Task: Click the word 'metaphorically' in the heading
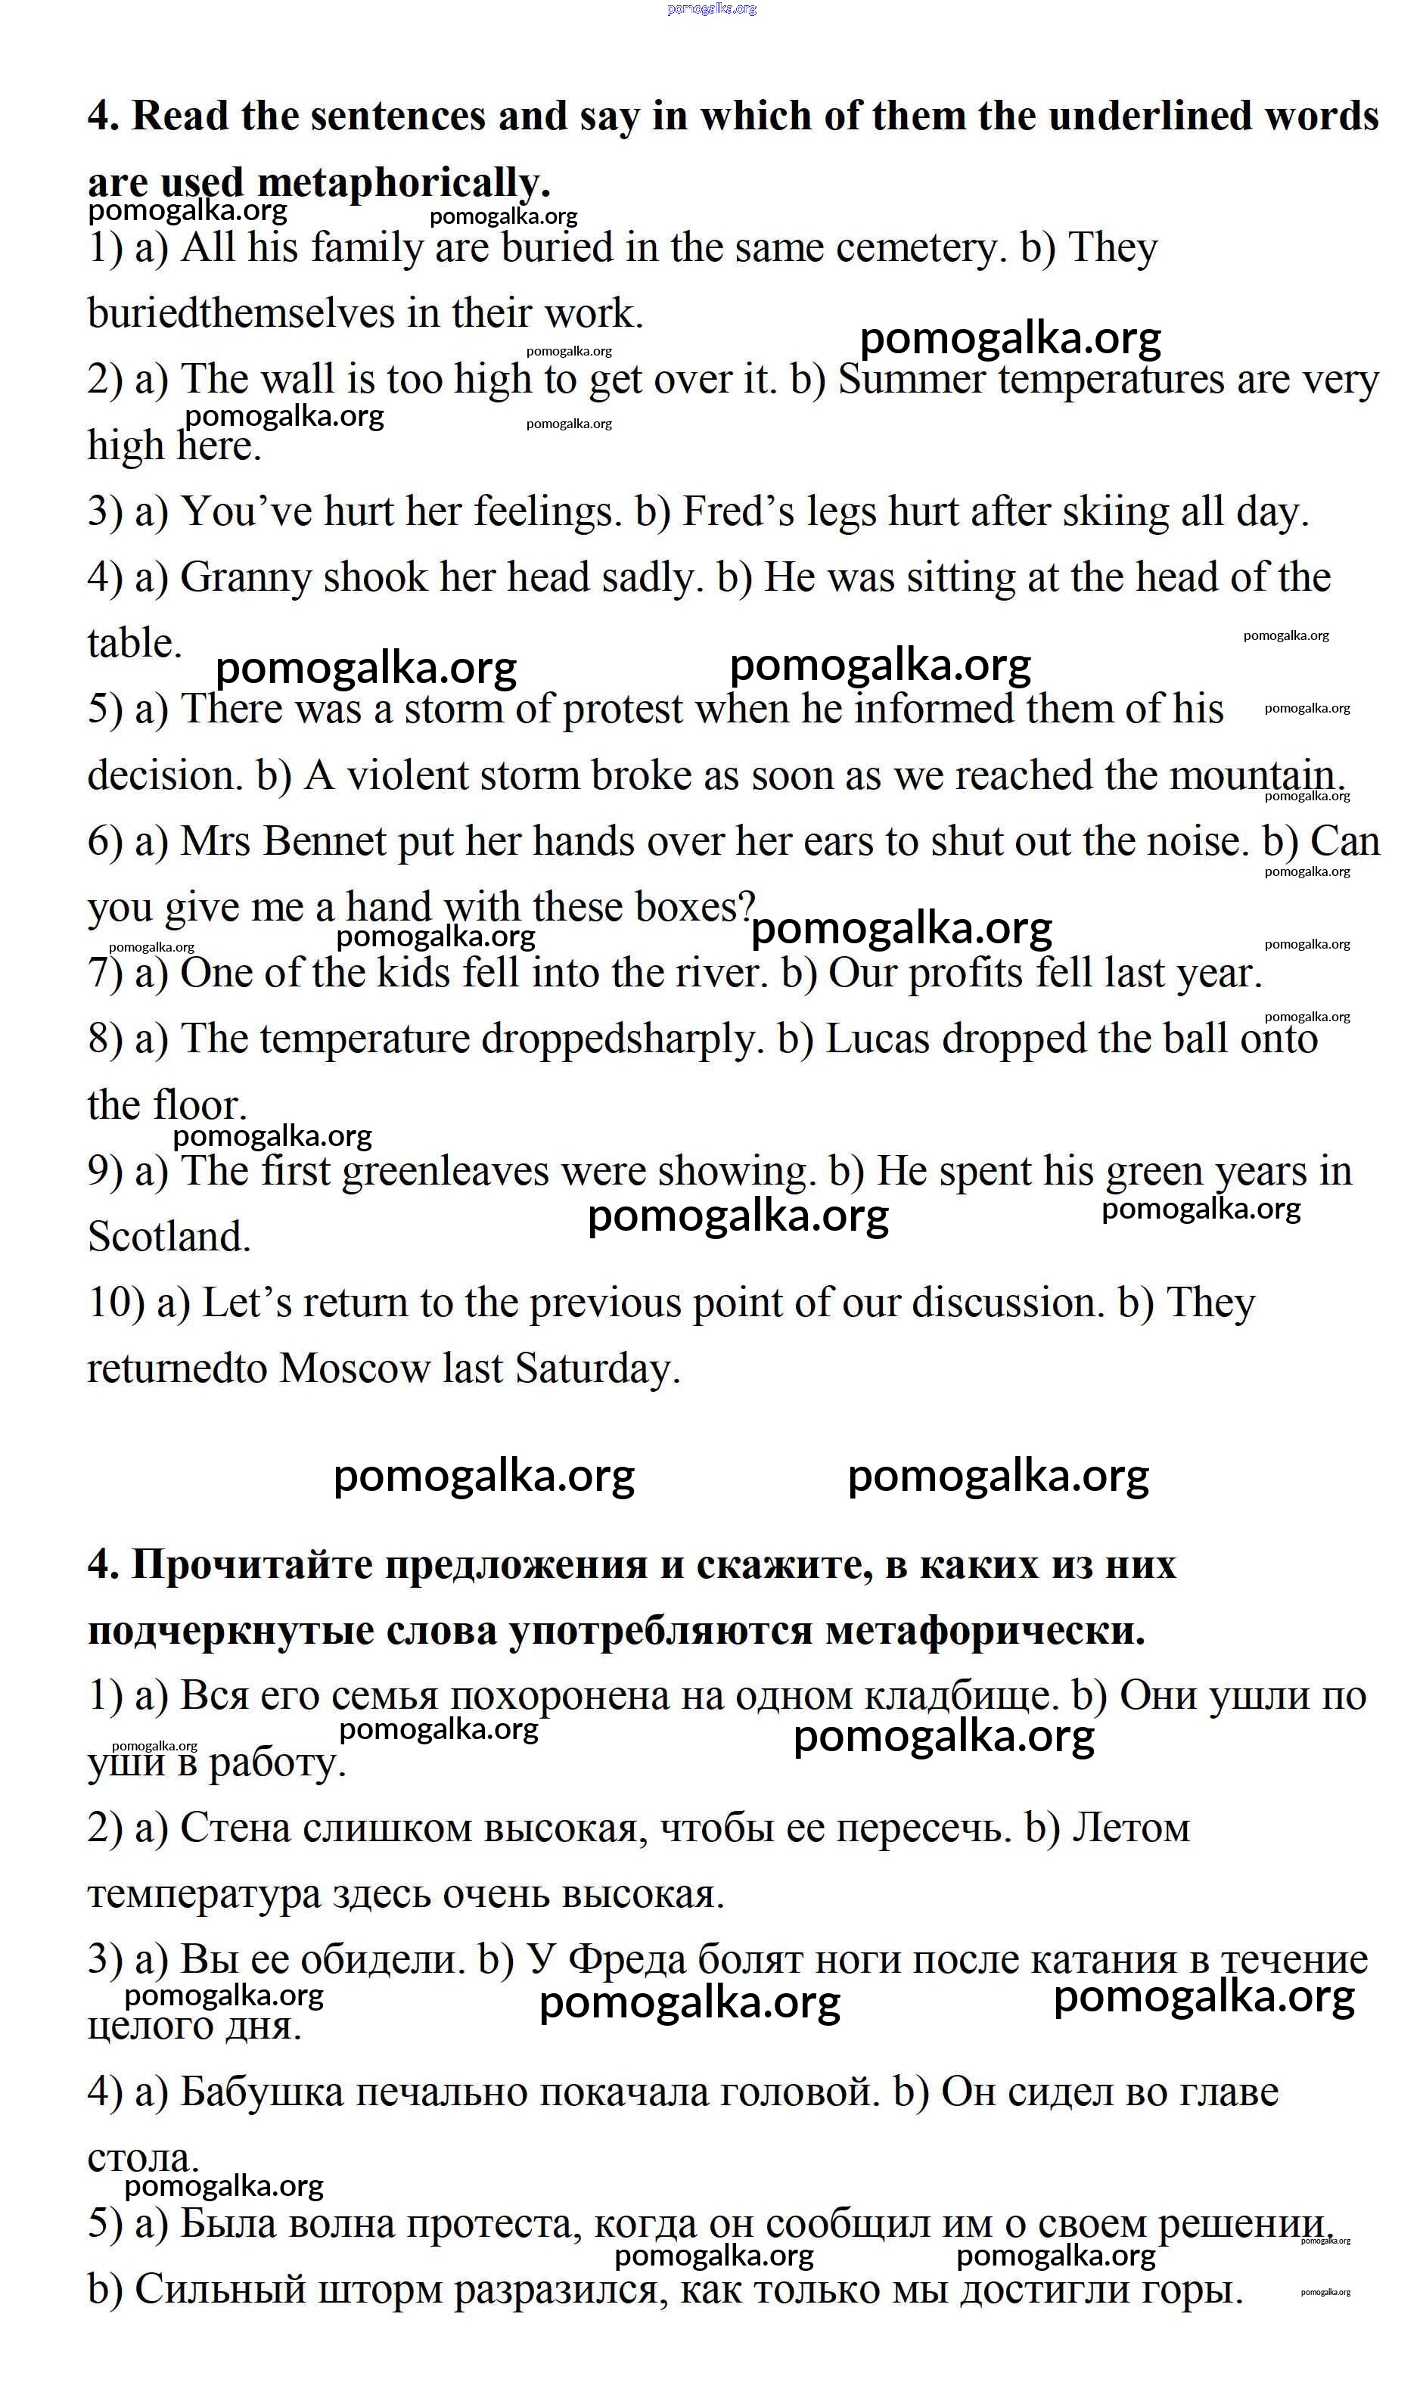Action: click(x=402, y=182)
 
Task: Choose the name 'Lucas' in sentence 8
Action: click(x=878, y=1039)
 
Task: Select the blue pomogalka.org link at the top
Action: click(x=711, y=8)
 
